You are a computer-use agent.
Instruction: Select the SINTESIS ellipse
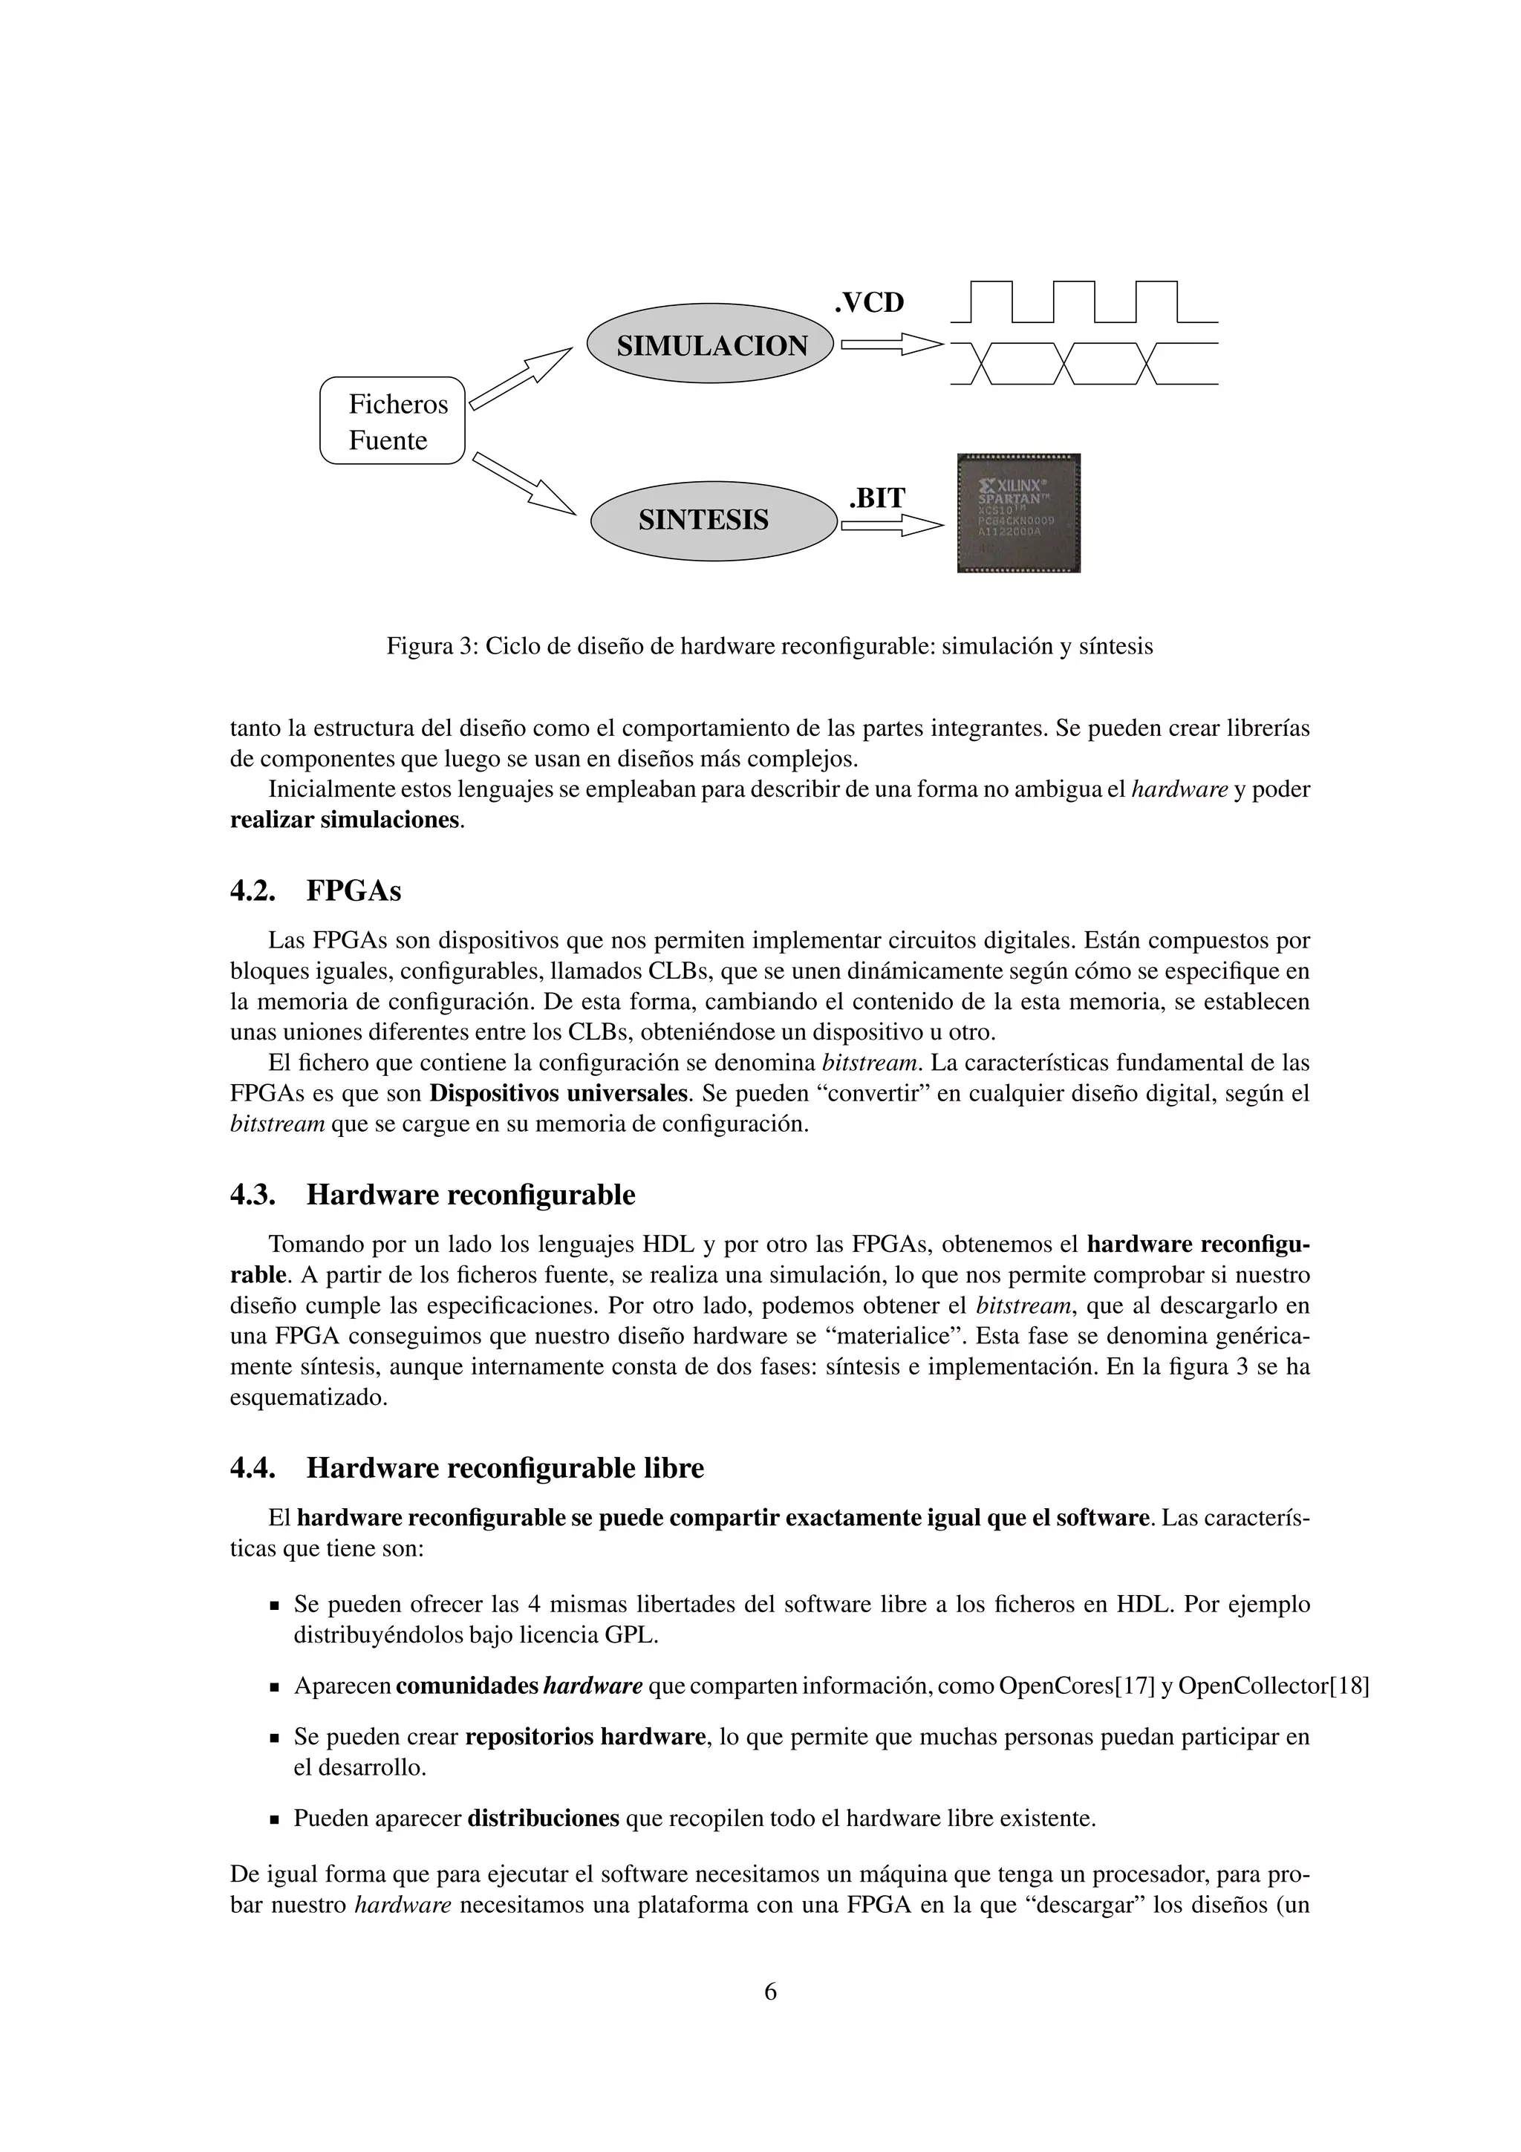point(713,521)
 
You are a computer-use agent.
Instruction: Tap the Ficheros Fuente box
point(393,421)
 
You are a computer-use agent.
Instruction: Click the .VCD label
point(869,303)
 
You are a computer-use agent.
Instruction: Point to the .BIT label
point(876,498)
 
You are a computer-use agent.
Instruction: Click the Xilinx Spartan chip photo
point(1017,512)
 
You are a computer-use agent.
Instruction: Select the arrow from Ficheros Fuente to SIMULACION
point(520,379)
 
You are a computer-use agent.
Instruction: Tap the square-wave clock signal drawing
point(1084,301)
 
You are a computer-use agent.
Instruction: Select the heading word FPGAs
point(354,890)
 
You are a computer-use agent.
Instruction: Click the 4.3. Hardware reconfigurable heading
point(432,1195)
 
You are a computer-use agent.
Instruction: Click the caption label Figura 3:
point(432,647)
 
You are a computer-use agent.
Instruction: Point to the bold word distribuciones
point(543,1819)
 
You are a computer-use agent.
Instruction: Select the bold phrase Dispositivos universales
point(558,1093)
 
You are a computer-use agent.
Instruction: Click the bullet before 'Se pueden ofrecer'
point(275,1605)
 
